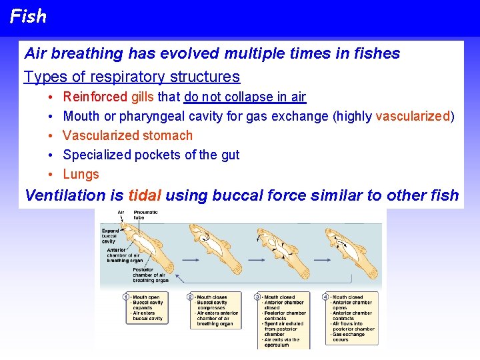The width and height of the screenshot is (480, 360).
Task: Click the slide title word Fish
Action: (x=28, y=16)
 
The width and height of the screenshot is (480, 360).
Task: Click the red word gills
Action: (x=143, y=97)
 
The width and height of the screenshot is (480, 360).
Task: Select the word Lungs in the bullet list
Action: (x=81, y=174)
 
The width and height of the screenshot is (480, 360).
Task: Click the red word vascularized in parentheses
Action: (x=413, y=116)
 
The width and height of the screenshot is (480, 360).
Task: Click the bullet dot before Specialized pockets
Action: (x=51, y=155)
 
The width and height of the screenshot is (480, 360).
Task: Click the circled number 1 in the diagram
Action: (x=127, y=297)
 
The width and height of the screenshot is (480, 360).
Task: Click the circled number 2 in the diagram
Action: (x=191, y=297)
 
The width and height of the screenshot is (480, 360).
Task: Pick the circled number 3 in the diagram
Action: (x=258, y=297)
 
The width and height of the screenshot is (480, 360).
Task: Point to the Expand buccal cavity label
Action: (x=110, y=235)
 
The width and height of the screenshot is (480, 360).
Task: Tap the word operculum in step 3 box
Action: (x=277, y=345)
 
